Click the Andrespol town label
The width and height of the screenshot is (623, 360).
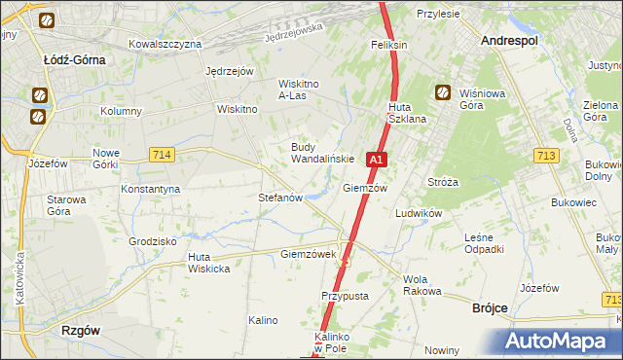[x=511, y=41]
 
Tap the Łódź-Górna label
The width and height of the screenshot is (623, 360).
[x=74, y=59]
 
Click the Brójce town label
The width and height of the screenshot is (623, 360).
[x=490, y=306]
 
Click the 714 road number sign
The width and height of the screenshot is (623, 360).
[x=162, y=155]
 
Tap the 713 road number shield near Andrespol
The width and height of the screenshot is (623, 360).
[x=546, y=156]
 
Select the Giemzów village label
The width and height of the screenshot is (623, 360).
[x=365, y=188]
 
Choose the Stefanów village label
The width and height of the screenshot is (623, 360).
[x=280, y=197]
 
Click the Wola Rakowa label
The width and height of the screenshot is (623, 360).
[x=422, y=285]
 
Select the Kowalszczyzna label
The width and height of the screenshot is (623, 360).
[x=165, y=44]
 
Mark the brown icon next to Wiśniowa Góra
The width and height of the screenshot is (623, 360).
[x=442, y=93]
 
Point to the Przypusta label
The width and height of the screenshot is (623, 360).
[x=342, y=295]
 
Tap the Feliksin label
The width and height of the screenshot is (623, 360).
[x=388, y=46]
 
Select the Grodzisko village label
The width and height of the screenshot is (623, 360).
[x=152, y=240]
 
